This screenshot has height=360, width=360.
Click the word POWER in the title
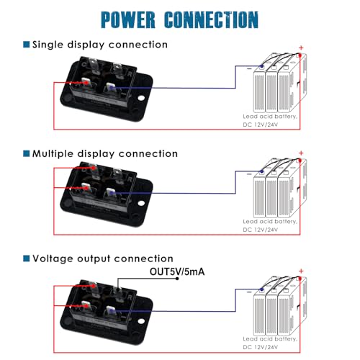128,19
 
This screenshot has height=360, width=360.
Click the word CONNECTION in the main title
211,19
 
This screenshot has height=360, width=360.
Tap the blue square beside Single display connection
26,45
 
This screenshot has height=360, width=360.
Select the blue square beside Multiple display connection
26,153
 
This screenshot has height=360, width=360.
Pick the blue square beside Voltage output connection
26,258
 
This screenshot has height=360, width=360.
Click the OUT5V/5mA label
177,271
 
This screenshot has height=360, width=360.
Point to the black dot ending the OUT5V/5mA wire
177,279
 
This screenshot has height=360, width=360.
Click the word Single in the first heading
48,45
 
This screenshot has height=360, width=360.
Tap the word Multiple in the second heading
53,154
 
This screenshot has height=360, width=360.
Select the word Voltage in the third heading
53,258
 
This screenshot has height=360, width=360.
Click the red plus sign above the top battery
301,48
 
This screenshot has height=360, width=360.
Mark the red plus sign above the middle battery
301,153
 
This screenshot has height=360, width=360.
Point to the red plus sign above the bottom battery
301,271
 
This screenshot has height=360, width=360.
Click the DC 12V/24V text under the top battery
261,125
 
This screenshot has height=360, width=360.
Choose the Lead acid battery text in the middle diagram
270,222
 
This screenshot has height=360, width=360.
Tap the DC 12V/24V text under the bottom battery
261,347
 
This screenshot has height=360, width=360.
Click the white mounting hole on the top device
141,98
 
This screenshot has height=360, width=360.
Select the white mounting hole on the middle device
141,203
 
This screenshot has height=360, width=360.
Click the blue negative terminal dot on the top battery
262,66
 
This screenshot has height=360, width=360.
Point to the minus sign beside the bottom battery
249,292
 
